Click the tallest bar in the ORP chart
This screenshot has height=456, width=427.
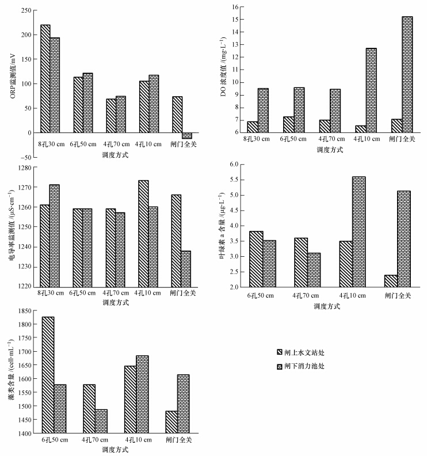[45, 78]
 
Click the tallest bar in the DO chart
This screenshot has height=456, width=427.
[407, 74]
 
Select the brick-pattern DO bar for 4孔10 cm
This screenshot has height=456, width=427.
[371, 90]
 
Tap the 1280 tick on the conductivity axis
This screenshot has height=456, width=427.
[22, 168]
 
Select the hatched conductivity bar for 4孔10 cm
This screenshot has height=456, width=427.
[143, 233]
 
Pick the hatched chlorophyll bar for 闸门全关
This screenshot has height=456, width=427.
[391, 281]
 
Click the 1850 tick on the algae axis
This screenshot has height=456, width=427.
[22, 311]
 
